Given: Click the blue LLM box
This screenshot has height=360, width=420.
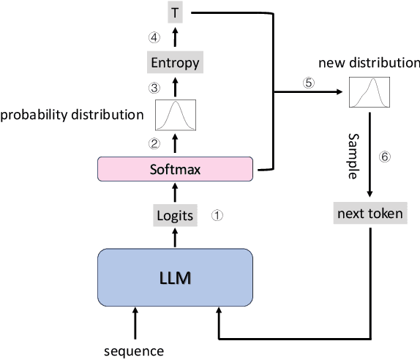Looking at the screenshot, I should point(175,278).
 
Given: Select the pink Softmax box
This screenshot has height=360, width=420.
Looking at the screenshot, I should point(175,169).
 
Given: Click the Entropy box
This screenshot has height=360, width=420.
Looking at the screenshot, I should point(175,63).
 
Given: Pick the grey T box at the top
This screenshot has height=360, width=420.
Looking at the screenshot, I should point(175,12).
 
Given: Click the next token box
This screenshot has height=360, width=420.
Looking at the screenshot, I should point(370,214).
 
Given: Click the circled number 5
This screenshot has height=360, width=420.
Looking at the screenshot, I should point(309,83).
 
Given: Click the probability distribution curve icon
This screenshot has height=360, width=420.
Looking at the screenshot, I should point(175,114).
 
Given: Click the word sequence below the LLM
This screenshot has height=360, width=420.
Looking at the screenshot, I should point(135,350).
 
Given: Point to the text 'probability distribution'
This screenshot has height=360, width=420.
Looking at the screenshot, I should point(72,115).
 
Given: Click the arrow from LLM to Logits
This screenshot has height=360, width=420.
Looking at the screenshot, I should point(175,236).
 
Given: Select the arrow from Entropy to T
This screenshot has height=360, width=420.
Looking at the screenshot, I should point(175,37).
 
